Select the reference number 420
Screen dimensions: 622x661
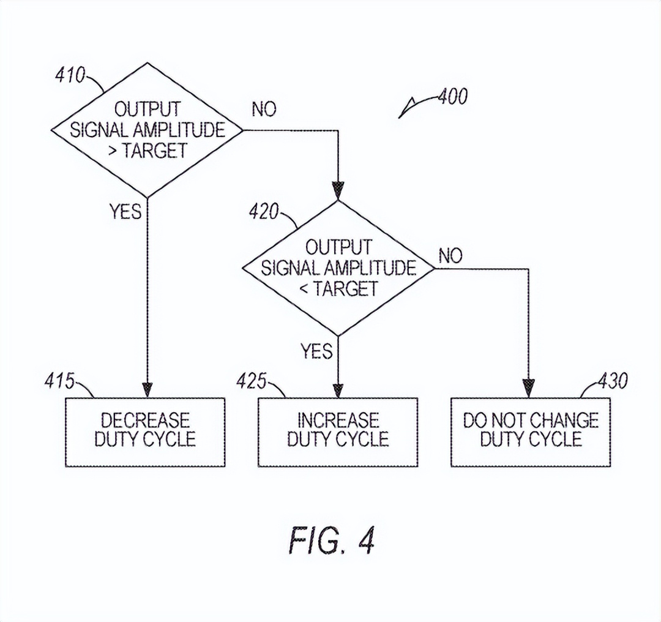coord(264,212)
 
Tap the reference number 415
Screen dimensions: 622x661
coord(59,381)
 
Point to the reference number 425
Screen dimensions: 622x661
coord(252,381)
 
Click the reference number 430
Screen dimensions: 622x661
coord(611,381)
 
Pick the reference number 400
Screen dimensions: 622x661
coord(452,97)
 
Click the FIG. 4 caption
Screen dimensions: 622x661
coord(331,541)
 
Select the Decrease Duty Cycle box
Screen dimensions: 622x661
coord(145,432)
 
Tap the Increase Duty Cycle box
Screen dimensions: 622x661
coord(338,432)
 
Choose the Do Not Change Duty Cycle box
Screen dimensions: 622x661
coord(531,432)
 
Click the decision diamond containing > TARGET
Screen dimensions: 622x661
coord(147,130)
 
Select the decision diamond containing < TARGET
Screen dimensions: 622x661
coord(338,268)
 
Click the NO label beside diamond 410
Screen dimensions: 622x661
coord(264,110)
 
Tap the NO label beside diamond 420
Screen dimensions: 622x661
coord(450,256)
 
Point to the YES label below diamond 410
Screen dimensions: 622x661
coord(125,211)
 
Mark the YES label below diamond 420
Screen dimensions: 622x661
coord(316,351)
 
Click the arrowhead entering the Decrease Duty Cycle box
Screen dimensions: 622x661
coord(147,390)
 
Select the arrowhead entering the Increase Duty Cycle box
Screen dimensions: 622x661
coord(338,390)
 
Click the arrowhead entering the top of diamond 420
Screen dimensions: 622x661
coord(338,191)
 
